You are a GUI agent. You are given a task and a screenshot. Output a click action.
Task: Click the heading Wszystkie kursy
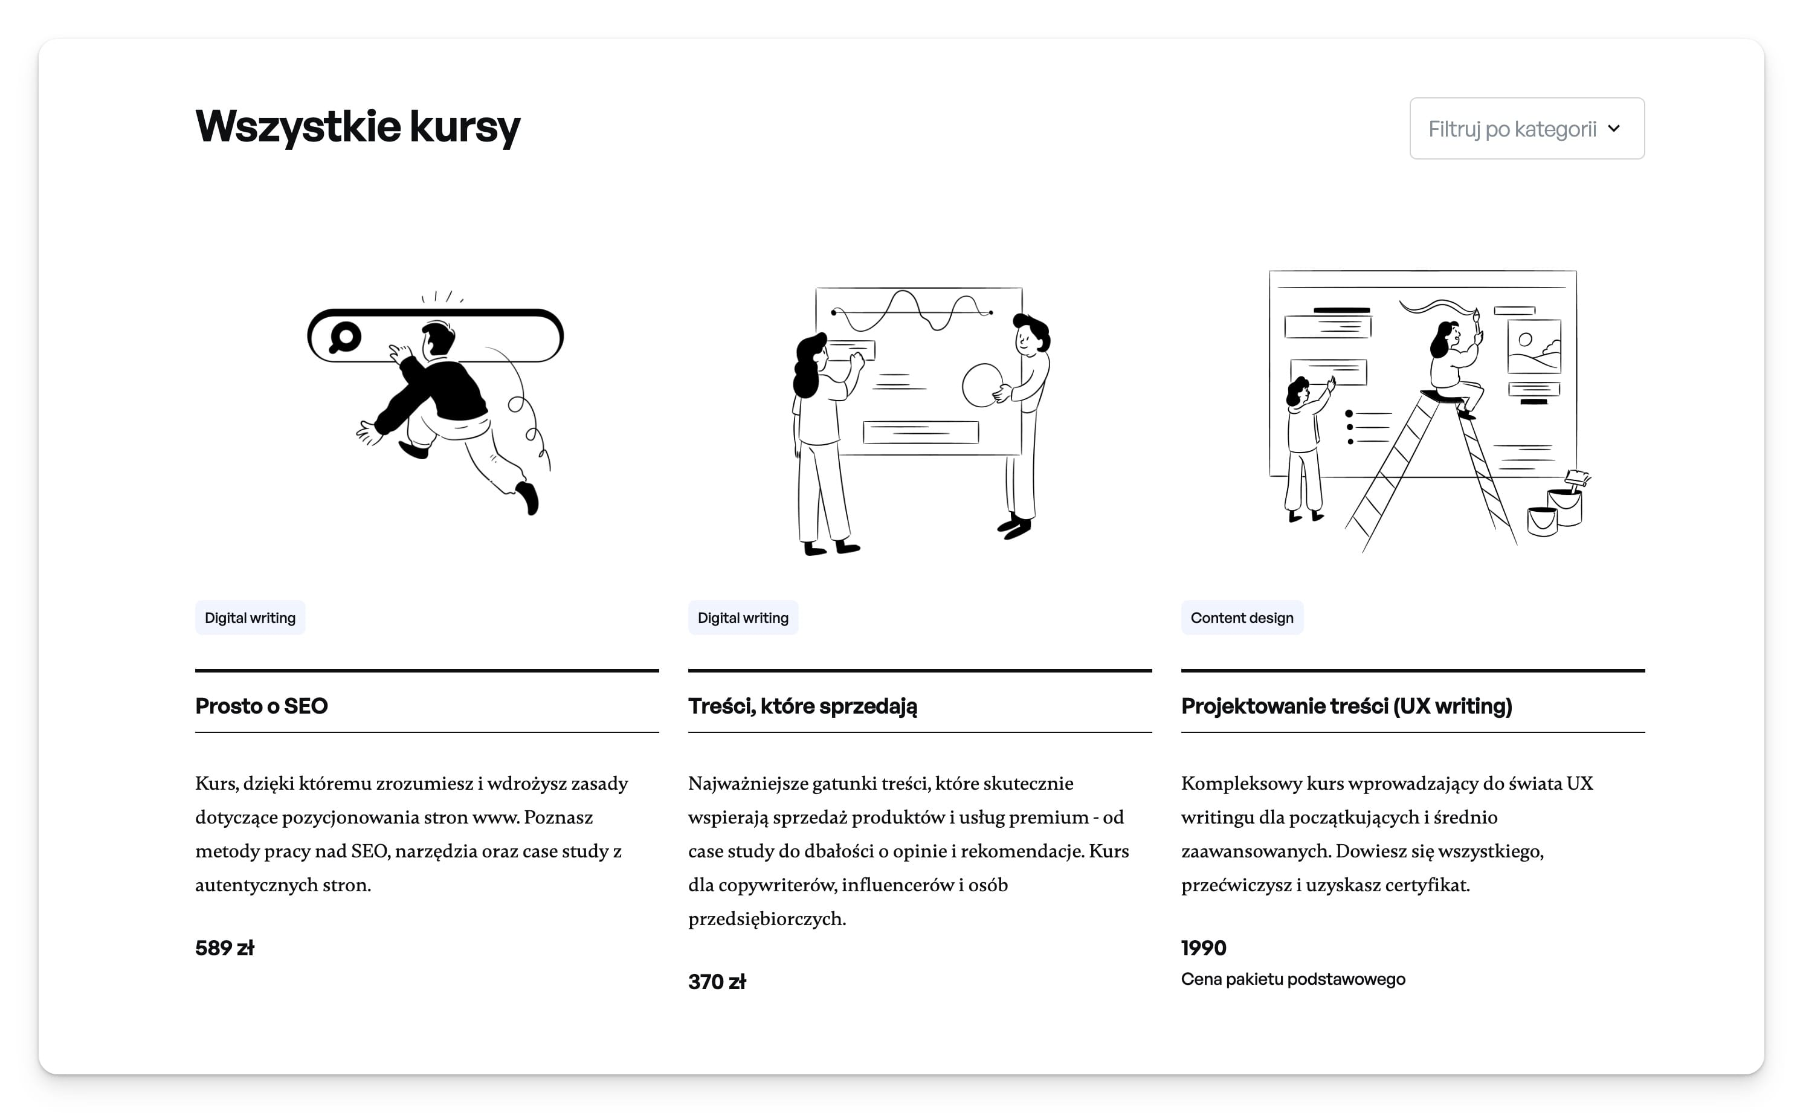pyautogui.click(x=358, y=127)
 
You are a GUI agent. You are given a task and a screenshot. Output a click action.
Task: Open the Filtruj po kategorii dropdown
pyautogui.click(x=1526, y=129)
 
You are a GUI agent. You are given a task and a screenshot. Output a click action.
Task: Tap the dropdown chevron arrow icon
pyautogui.click(x=1614, y=129)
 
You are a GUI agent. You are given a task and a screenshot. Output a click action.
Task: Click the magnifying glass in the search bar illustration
pyautogui.click(x=344, y=337)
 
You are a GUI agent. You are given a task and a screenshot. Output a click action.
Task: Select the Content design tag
pyautogui.click(x=1242, y=618)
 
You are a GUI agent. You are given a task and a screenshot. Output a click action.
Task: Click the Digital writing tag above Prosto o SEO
pyautogui.click(x=250, y=618)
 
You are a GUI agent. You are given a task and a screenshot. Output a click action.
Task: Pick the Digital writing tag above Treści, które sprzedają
pyautogui.click(x=743, y=618)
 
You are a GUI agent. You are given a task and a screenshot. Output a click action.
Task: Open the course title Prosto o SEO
pyautogui.click(x=261, y=706)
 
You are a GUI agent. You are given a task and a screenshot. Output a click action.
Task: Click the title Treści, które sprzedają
pyautogui.click(x=803, y=706)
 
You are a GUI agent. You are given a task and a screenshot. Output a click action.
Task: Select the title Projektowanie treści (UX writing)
pyautogui.click(x=1347, y=706)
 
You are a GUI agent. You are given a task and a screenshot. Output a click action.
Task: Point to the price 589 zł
pyautogui.click(x=224, y=948)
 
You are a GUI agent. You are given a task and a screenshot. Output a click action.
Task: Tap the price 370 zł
pyautogui.click(x=717, y=982)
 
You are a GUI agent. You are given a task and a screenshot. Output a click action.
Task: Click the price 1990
pyautogui.click(x=1204, y=948)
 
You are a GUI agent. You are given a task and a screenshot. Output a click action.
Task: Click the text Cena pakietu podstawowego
pyautogui.click(x=1293, y=979)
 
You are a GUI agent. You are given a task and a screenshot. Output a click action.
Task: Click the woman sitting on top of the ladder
pyautogui.click(x=1456, y=365)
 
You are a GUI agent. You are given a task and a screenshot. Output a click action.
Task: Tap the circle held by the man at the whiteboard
pyautogui.click(x=982, y=385)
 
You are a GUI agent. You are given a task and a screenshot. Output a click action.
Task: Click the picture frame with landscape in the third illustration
pyautogui.click(x=1534, y=346)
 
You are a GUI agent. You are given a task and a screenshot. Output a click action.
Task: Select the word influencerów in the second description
pyautogui.click(x=898, y=885)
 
